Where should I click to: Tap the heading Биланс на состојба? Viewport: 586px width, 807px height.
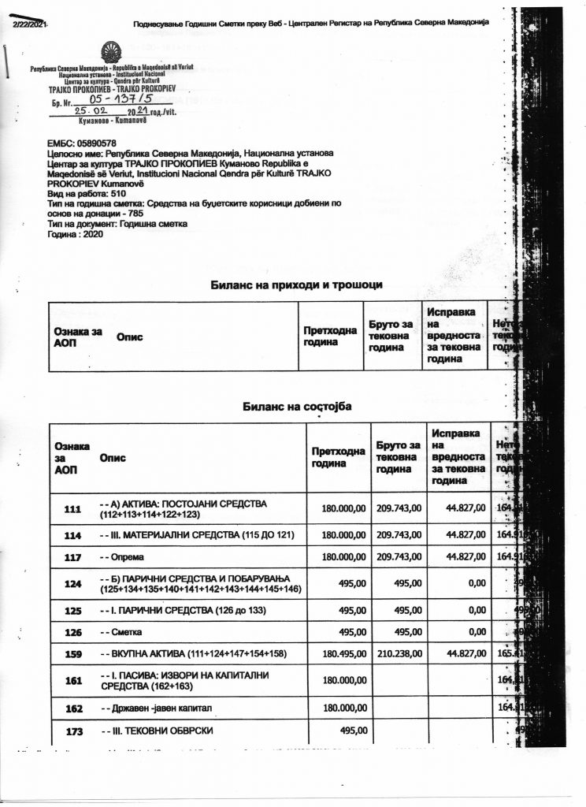[x=297, y=406]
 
